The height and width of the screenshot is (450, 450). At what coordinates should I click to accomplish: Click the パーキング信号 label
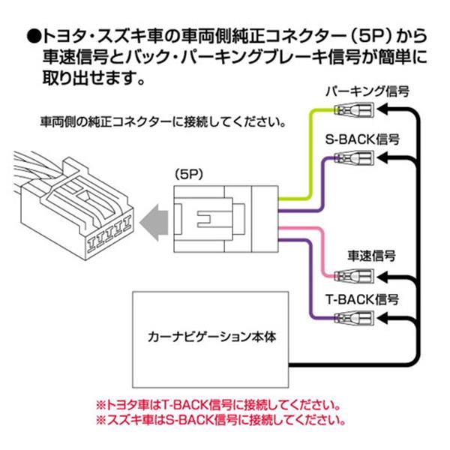(367, 91)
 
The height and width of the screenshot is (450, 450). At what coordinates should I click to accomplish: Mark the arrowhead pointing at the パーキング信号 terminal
(381, 110)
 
